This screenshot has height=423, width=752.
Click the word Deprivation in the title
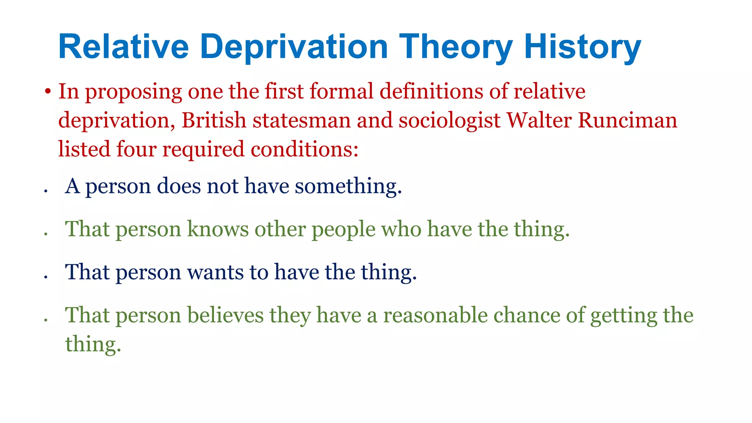(294, 47)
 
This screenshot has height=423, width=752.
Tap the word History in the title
(582, 47)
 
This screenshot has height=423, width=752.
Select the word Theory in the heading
(455, 47)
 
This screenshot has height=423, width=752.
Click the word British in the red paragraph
(214, 120)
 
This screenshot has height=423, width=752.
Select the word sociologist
(449, 120)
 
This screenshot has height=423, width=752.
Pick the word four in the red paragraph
(136, 149)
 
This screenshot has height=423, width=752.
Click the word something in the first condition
(348, 186)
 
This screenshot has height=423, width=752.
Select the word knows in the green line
(218, 229)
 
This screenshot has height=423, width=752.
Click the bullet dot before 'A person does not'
(46, 191)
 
